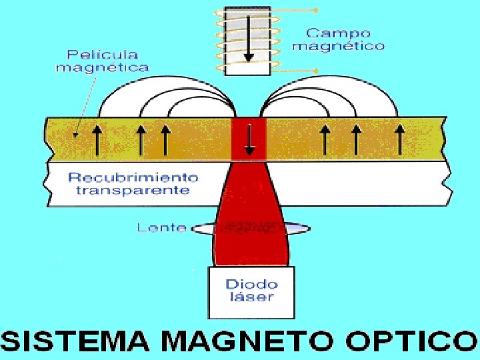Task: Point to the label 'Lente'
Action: [161, 228]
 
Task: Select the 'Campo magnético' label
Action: [339, 39]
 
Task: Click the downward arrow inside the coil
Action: [249, 40]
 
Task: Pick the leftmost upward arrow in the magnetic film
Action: [96, 139]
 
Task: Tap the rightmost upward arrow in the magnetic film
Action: [399, 139]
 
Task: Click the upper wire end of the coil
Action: [315, 11]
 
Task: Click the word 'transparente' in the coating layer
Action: [133, 191]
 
